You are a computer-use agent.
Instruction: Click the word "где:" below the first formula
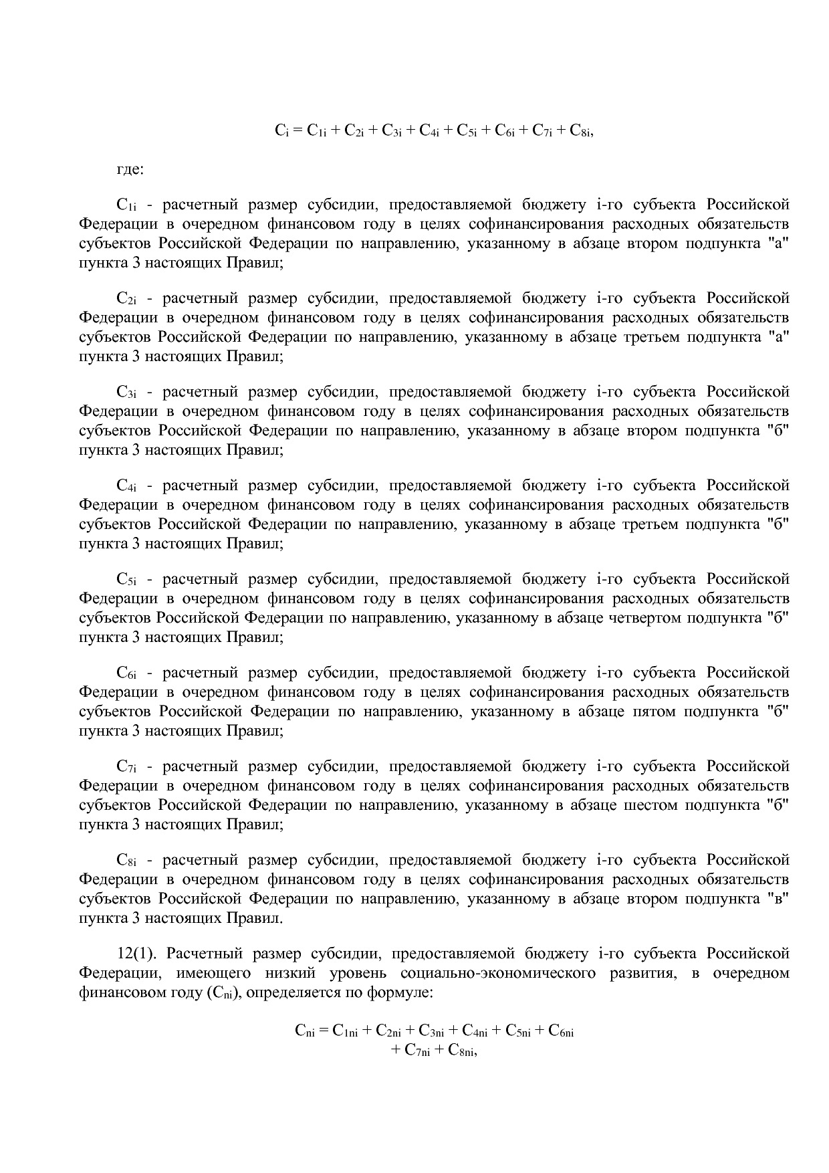tap(130, 170)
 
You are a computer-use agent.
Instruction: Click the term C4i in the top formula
tap(429, 132)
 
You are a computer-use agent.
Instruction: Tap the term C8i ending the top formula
tap(581, 132)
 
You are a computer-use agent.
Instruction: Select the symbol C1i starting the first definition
tap(126, 205)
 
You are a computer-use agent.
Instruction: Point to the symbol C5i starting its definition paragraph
tap(126, 579)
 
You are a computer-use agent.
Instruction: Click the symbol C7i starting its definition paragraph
tap(126, 766)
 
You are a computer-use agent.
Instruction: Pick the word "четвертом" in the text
tap(643, 617)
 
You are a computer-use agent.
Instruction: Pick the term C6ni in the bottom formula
tap(561, 1031)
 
